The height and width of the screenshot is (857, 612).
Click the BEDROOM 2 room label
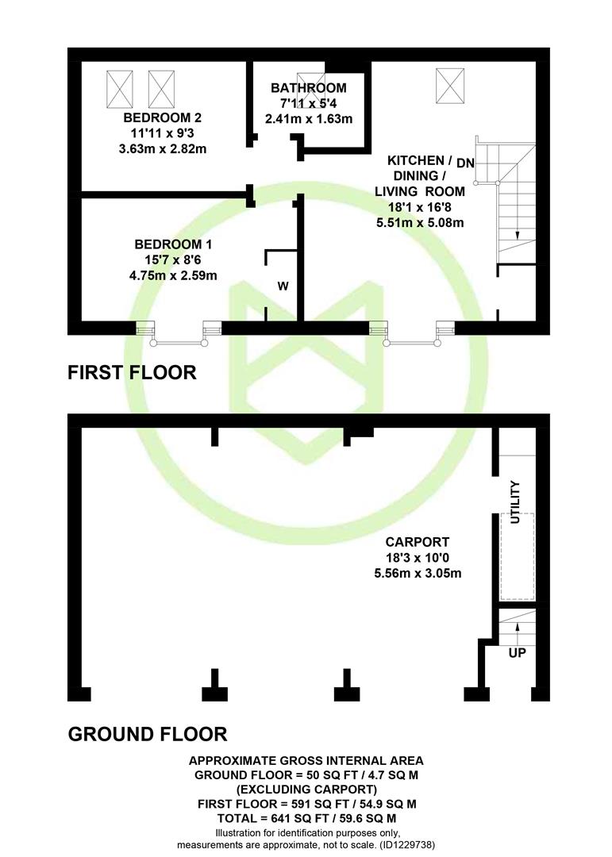(x=163, y=117)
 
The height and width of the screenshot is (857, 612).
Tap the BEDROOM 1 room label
(x=173, y=244)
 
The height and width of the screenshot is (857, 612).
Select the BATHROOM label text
(x=309, y=88)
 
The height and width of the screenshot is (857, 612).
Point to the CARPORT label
(x=418, y=542)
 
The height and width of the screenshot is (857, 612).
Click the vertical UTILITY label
(x=515, y=502)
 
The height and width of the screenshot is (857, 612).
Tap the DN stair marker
(x=465, y=163)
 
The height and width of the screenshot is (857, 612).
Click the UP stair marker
(x=518, y=652)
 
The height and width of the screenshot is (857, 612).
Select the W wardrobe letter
(x=283, y=286)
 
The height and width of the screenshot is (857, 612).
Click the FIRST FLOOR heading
(x=132, y=373)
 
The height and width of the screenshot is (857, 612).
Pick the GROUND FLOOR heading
(x=148, y=734)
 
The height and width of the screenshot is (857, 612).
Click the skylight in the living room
(x=450, y=86)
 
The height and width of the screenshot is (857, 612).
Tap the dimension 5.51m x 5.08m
(x=420, y=223)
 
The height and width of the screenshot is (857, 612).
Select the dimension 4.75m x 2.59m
(x=173, y=275)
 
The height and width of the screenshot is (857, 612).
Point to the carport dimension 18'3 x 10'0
(x=418, y=558)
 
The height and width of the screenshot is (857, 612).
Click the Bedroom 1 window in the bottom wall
(x=179, y=334)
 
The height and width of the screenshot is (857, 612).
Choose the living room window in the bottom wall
(x=413, y=334)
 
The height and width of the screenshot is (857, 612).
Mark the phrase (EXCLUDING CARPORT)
(x=306, y=790)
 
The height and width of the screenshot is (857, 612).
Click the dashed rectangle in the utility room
(x=518, y=556)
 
